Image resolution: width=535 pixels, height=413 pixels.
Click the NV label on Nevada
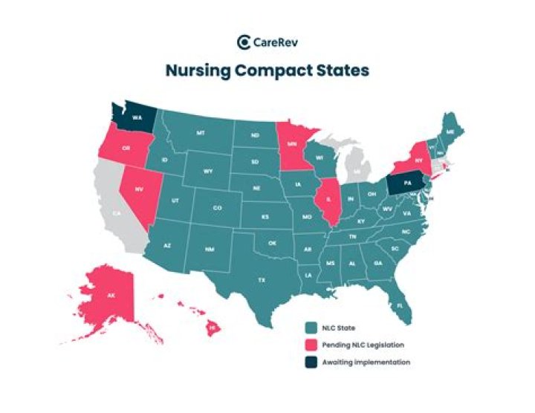coord(138,189)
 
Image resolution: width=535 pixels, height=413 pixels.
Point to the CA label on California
coord(117,213)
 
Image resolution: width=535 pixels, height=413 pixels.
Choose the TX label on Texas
coord(262,280)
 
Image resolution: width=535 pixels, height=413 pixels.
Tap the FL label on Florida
coord(401,305)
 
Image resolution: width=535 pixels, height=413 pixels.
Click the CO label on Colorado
coord(217,209)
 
